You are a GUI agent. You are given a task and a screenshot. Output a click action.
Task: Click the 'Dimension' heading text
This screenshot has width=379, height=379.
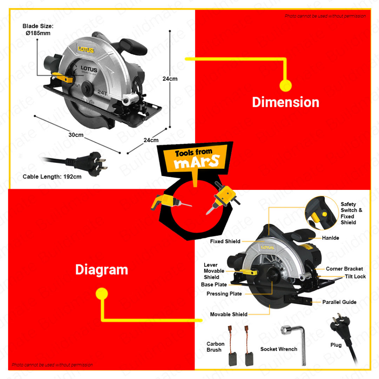[285, 102]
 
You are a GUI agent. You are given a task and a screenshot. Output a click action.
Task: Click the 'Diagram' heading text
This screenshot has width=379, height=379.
[101, 269]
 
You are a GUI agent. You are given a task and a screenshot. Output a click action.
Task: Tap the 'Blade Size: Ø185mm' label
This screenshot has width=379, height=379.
[38, 30]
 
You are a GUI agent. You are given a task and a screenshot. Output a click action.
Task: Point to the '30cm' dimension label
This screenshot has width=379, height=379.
[76, 135]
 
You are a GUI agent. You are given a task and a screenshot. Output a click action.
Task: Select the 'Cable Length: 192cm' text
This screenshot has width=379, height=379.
[52, 177]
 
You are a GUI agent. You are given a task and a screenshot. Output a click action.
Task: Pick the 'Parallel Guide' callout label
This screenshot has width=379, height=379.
[339, 302]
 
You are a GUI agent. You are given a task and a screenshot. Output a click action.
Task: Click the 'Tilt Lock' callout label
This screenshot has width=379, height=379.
[355, 276]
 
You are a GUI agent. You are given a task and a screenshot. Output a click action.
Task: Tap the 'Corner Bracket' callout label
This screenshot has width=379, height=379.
[344, 269]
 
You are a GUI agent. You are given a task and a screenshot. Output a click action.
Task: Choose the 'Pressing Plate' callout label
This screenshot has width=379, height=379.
[224, 294]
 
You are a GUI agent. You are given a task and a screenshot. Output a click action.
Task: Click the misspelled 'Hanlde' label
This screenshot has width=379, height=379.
[330, 238]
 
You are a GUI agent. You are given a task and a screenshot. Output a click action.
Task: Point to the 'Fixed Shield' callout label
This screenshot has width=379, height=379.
[225, 241]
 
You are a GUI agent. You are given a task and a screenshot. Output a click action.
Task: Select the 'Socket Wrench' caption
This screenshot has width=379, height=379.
[278, 349]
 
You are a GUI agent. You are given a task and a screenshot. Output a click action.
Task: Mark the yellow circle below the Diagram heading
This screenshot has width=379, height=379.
[102, 294]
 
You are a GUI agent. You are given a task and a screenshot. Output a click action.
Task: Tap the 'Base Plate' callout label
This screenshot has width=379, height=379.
[214, 285]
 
